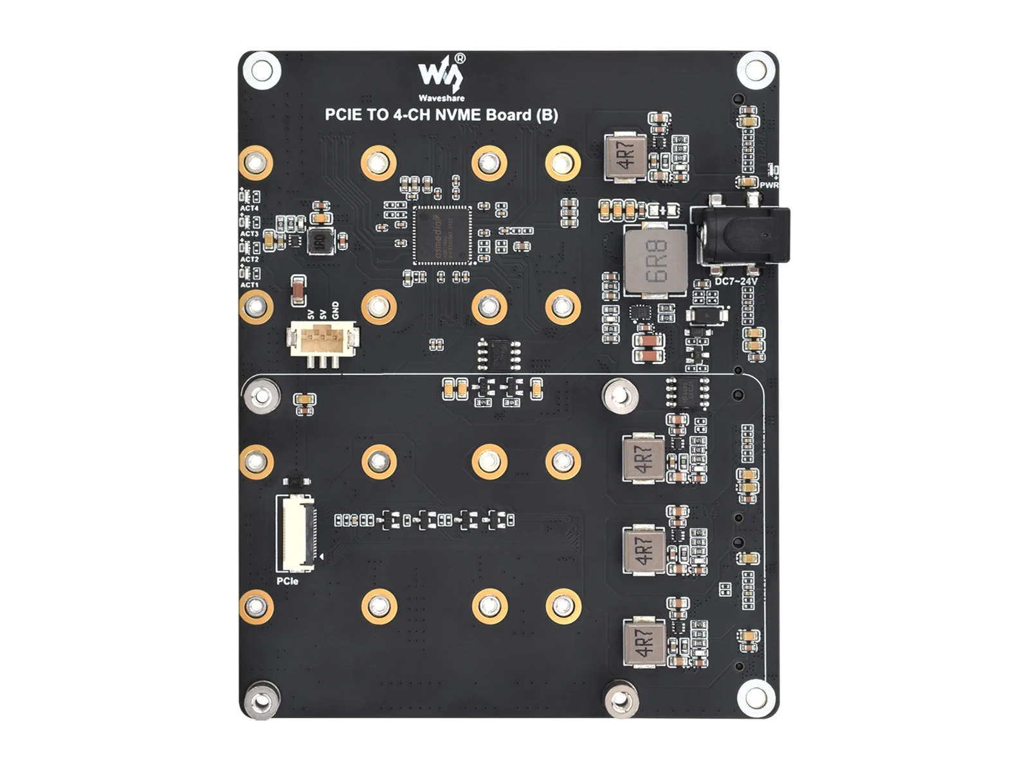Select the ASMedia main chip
(x=442, y=235)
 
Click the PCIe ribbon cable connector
(x=296, y=533)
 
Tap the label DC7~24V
(x=736, y=282)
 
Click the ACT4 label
(x=249, y=208)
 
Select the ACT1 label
(x=249, y=284)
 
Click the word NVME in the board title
(x=459, y=115)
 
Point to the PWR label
(x=769, y=185)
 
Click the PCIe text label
(x=287, y=582)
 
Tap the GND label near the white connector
(x=334, y=310)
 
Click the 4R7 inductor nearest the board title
(x=625, y=156)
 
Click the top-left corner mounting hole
(x=262, y=69)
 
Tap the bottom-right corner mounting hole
(x=756, y=697)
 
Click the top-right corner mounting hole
(x=756, y=69)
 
